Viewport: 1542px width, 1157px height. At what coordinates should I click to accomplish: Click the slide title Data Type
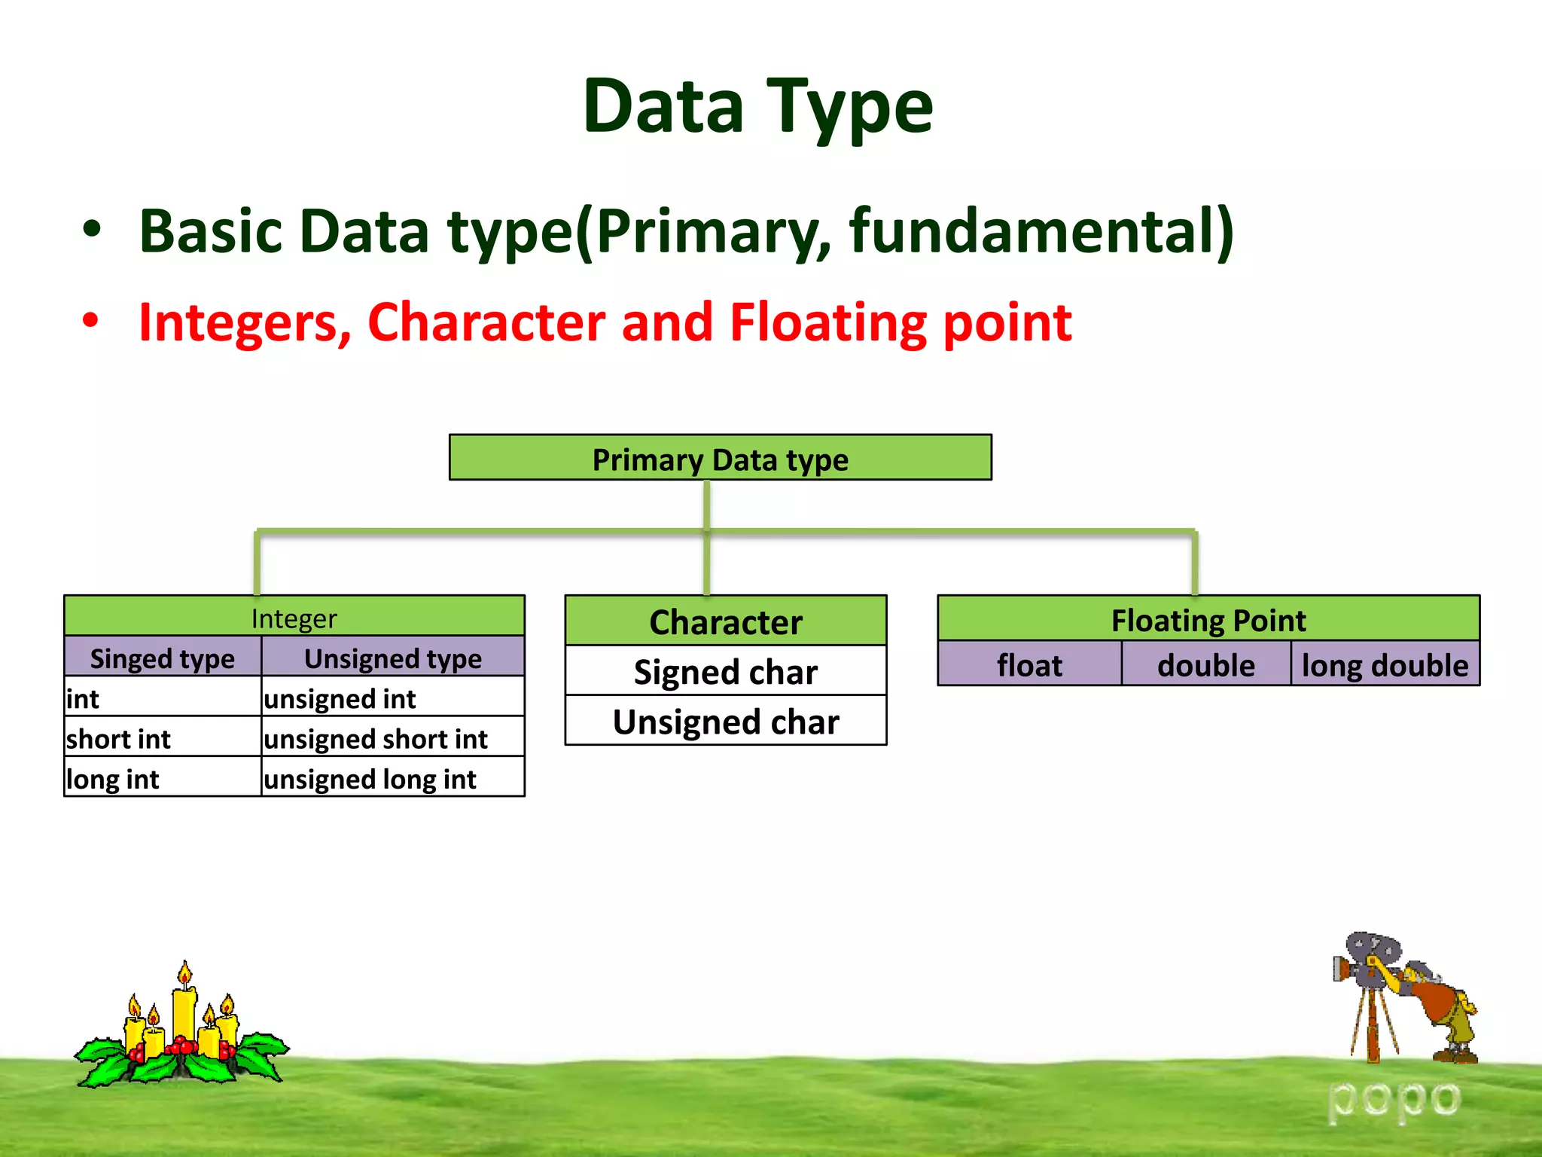tap(757, 107)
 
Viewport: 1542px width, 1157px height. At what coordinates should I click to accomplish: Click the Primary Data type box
tap(720, 458)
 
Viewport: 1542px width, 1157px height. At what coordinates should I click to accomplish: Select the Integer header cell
tap(294, 618)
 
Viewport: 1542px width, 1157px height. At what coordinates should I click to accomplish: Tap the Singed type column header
tap(163, 658)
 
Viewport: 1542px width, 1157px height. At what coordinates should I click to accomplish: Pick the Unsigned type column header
tap(392, 658)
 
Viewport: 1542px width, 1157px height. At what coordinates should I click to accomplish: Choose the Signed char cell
tap(725, 671)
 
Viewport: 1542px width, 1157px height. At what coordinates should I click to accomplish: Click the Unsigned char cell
tap(725, 721)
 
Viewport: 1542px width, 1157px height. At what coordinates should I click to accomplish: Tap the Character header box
tap(725, 621)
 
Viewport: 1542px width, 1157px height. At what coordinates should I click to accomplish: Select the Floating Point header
tap(1208, 620)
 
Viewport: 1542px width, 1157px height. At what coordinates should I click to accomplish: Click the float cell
tap(1029, 664)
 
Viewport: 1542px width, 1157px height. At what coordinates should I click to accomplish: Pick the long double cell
tap(1385, 664)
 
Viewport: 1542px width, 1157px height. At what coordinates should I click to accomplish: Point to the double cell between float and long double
tap(1205, 664)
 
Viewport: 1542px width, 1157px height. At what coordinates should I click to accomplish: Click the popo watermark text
tap(1393, 1098)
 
